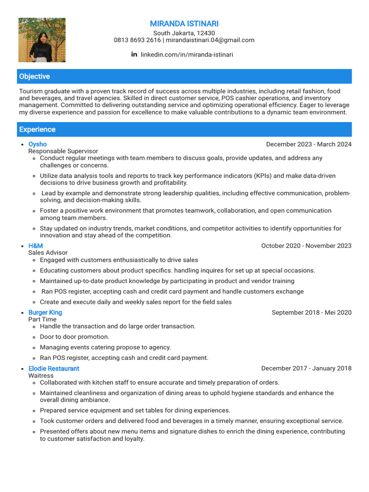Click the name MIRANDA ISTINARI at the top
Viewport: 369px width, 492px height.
(x=184, y=24)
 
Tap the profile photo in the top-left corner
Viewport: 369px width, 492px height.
(x=42, y=40)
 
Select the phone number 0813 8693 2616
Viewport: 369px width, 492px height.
(x=137, y=40)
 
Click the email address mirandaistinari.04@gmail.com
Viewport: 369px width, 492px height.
(x=210, y=40)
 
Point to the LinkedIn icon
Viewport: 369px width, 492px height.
(x=134, y=54)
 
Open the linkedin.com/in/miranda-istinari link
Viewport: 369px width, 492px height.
(x=186, y=55)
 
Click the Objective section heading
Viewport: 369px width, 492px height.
(x=34, y=76)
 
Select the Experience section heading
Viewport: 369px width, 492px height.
(x=37, y=129)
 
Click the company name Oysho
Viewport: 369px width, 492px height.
(x=37, y=144)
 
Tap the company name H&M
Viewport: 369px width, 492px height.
(x=36, y=246)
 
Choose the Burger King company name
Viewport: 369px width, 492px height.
(x=45, y=312)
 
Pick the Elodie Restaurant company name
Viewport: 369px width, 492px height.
(x=54, y=369)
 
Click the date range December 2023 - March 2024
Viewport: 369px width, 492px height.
(x=308, y=144)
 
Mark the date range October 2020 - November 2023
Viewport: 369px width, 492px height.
(x=306, y=246)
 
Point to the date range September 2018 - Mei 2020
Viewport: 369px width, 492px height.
(x=311, y=312)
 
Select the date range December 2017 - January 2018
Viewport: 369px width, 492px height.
(x=306, y=369)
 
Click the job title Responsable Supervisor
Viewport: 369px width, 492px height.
(x=63, y=151)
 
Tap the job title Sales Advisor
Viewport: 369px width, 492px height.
(x=48, y=253)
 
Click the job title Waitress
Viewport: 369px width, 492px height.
(x=41, y=375)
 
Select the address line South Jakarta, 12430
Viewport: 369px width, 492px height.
(x=184, y=33)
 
